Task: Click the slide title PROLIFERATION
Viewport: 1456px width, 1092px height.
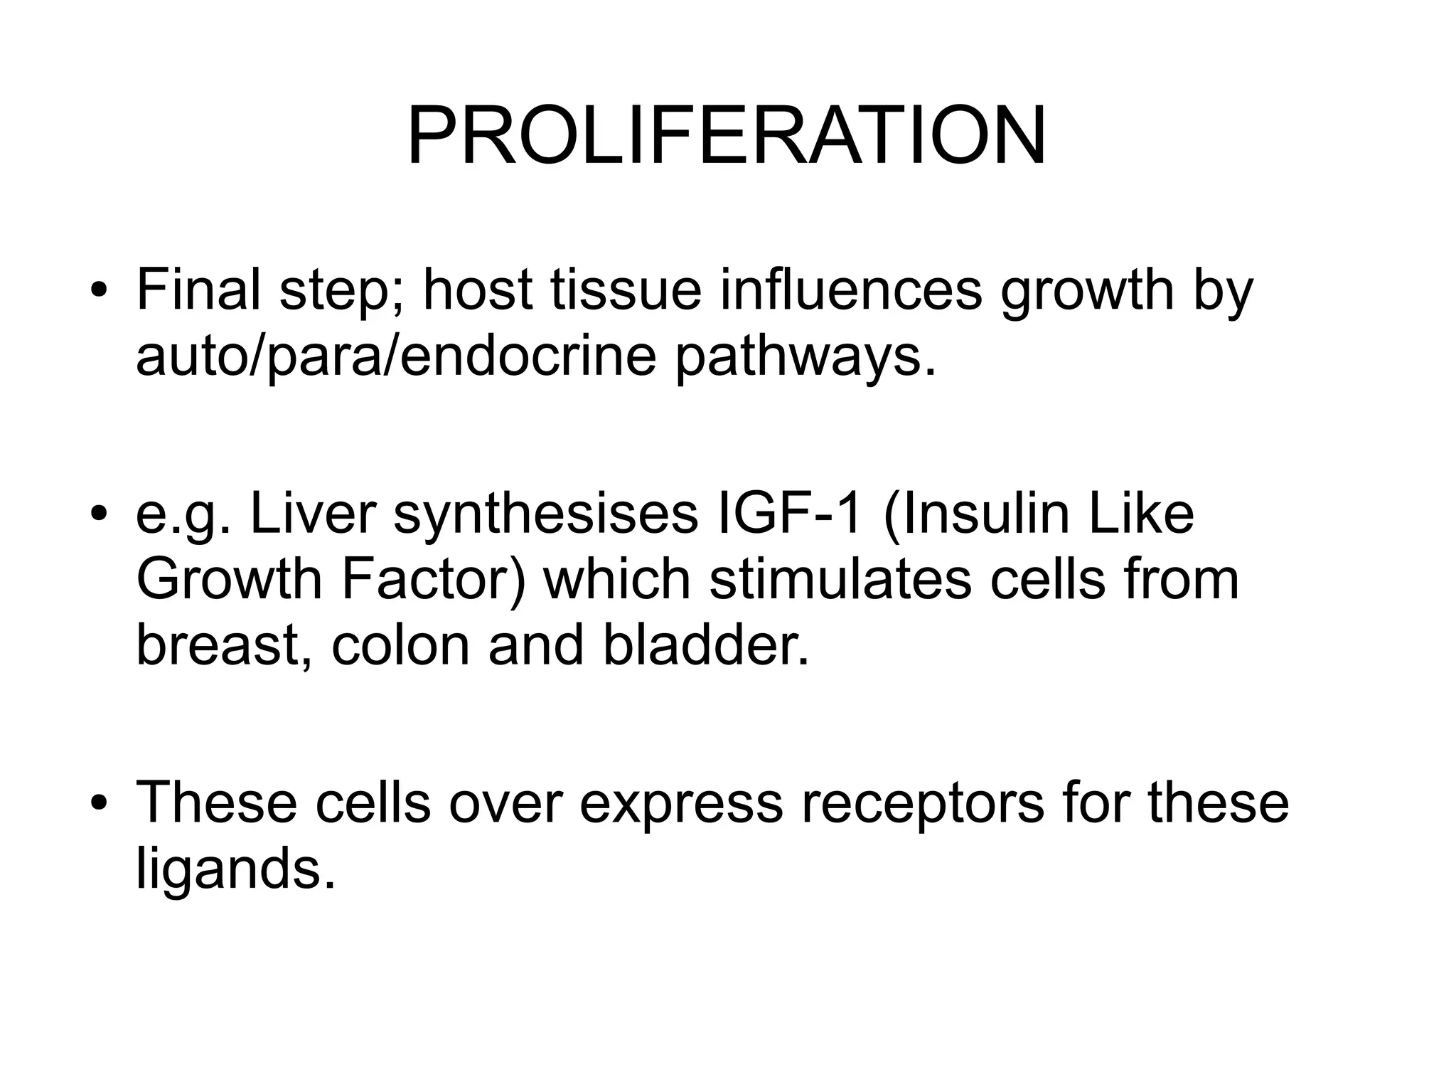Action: tap(727, 135)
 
